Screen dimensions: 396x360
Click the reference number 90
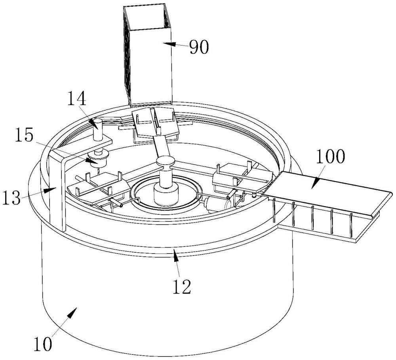pos(199,47)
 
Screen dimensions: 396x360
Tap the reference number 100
pos(330,157)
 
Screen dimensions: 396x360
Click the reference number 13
pos(11,197)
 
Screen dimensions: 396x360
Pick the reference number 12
pos(182,287)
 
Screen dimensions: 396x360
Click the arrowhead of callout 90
pos(168,44)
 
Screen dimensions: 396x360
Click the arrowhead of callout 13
pos(49,190)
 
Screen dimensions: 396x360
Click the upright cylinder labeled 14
pos(98,129)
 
